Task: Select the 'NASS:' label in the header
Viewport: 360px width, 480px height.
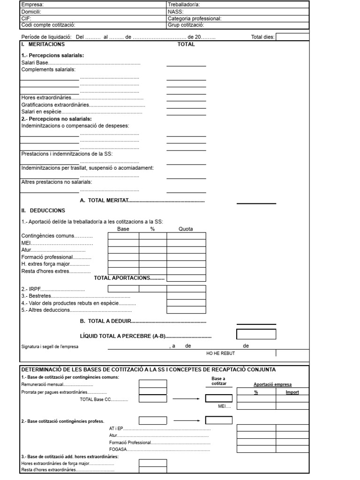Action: pos(176,12)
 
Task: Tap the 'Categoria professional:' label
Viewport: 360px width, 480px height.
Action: pos(195,19)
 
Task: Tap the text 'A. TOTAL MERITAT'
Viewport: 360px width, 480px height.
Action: pos(104,201)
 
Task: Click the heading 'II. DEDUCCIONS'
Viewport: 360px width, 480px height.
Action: pos(43,210)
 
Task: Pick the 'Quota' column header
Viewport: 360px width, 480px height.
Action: pos(186,229)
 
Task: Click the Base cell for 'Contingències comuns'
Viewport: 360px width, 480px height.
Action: pos(123,236)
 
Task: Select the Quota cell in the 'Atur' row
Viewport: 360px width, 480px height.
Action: pos(186,250)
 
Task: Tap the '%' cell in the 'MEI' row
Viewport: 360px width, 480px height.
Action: pos(153,243)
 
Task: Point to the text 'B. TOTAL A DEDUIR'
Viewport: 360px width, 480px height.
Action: pos(106,322)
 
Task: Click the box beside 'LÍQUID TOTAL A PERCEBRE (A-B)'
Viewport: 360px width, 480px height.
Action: pos(256,335)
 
